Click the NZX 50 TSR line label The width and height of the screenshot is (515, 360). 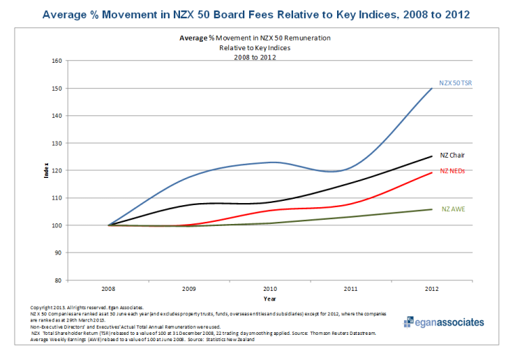coord(456,83)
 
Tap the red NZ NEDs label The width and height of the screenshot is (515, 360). coord(452,171)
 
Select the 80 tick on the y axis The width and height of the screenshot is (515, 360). coord(59,280)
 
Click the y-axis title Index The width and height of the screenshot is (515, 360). coord(47,171)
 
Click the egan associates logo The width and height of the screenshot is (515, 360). coord(443,322)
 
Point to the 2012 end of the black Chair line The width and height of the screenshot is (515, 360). coord(432,156)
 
